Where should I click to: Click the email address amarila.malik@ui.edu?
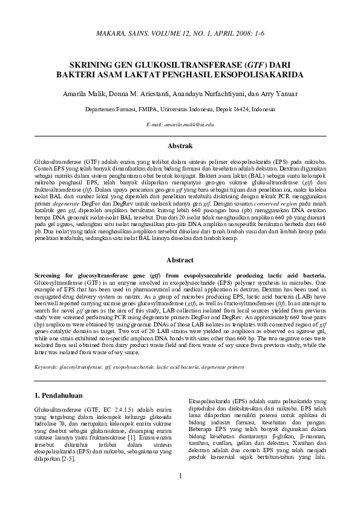click(180, 124)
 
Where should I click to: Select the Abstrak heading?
click(180, 146)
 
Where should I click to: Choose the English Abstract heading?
click(180, 261)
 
